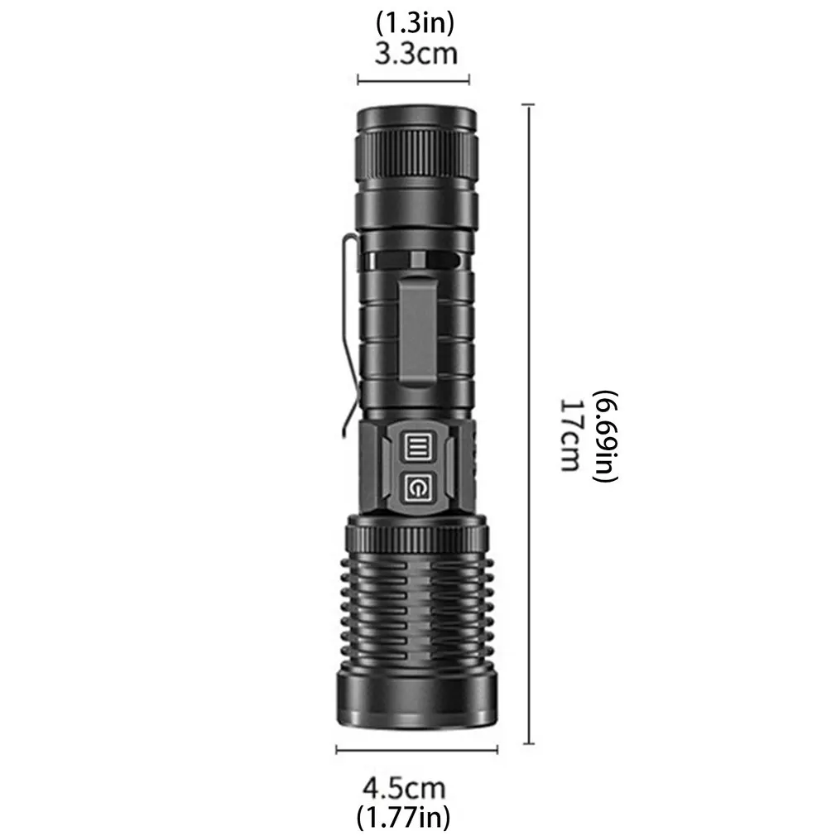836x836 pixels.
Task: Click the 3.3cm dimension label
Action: click(416, 55)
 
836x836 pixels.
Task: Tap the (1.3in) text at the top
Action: click(416, 23)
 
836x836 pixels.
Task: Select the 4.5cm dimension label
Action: click(404, 788)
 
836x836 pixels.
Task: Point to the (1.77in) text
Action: click(403, 816)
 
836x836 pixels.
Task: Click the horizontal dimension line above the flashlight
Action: click(413, 81)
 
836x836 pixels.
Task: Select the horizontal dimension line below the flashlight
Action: click(417, 750)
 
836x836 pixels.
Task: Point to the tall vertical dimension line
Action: click(529, 424)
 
